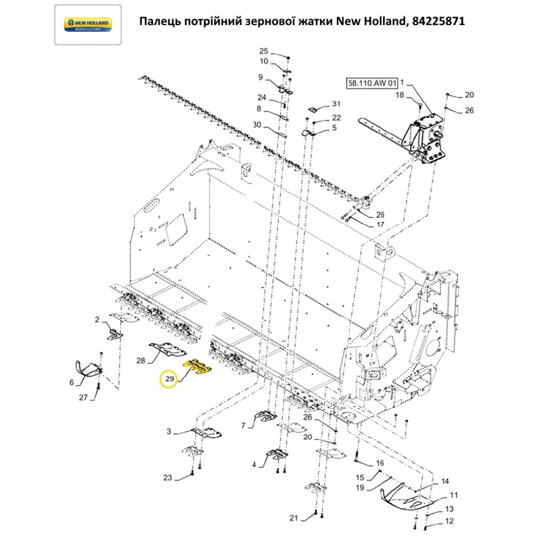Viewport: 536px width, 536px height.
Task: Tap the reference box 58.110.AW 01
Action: click(372, 84)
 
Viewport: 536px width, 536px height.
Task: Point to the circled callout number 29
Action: click(170, 379)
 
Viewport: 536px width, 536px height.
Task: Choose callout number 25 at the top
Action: click(263, 51)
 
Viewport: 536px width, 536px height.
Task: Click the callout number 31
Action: click(336, 103)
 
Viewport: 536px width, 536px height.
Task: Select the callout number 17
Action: click(380, 225)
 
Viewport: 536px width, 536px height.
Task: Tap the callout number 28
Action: click(141, 361)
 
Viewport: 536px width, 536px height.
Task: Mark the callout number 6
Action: click(72, 383)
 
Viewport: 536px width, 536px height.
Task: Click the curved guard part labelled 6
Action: click(87, 369)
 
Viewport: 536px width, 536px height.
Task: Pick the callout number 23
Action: click(167, 478)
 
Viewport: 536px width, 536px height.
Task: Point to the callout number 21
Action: click(293, 518)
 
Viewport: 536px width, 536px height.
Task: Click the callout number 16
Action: click(379, 463)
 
